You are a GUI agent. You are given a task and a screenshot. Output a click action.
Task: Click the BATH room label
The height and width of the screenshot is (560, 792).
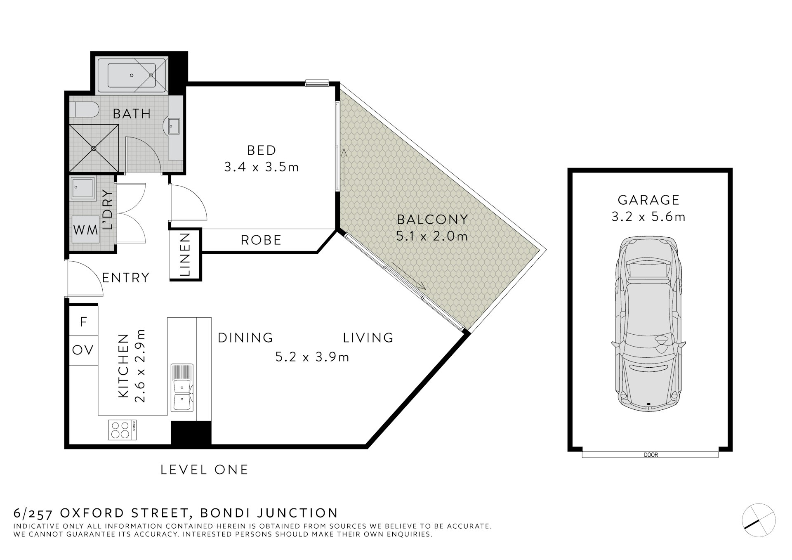(x=132, y=113)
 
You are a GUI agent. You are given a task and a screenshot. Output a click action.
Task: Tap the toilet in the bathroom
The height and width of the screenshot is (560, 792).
(x=87, y=110)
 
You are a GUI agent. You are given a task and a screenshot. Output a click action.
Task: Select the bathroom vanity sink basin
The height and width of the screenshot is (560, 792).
(x=174, y=126)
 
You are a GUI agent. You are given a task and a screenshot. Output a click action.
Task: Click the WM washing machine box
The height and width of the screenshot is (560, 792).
(x=85, y=229)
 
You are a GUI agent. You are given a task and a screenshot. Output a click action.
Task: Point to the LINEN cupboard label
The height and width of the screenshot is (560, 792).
(x=185, y=255)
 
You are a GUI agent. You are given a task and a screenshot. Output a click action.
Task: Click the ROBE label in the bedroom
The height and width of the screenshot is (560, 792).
(x=261, y=240)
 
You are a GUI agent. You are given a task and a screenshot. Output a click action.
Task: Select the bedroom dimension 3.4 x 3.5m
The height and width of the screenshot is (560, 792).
(x=262, y=167)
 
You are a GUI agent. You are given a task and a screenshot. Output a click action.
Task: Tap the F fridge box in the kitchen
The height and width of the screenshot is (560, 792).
(x=83, y=322)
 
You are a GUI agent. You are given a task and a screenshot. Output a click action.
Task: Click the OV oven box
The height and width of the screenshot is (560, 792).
(x=83, y=350)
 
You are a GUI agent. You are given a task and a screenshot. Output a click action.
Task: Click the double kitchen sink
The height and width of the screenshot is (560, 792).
(x=182, y=388)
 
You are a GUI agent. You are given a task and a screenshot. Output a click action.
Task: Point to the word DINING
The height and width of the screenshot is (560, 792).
(x=245, y=338)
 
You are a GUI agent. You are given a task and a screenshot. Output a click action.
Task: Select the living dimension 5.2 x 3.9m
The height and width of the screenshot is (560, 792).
(x=312, y=357)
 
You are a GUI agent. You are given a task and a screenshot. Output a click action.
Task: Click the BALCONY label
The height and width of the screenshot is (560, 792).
(x=432, y=219)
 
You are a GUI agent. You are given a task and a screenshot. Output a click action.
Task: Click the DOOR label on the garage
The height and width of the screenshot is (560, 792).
(x=651, y=455)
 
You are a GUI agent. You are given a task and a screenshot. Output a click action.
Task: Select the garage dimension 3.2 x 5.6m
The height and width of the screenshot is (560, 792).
(x=648, y=217)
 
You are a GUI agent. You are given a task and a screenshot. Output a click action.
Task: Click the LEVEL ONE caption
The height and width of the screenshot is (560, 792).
(x=205, y=470)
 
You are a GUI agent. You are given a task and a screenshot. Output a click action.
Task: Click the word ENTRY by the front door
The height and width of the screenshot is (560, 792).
(x=125, y=278)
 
